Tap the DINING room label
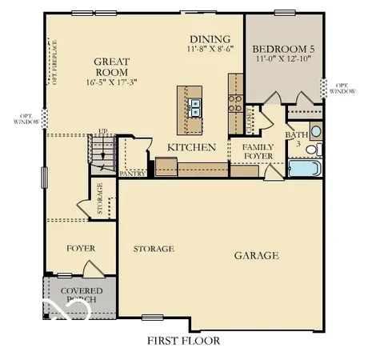coord(210,39)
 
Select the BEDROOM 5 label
coord(284,48)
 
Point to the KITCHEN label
coord(191,147)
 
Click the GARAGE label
coord(256,256)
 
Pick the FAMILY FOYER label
coord(257,151)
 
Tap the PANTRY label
coord(130,173)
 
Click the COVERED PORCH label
coord(80,294)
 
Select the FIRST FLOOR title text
coord(183,341)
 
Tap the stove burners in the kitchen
coord(236,102)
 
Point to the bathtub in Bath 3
coord(304,169)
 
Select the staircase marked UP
coord(102,152)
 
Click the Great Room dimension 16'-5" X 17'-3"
coord(112,82)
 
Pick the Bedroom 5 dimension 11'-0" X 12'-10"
coord(284,59)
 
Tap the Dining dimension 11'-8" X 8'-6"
coord(210,50)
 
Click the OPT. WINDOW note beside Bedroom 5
coord(342,89)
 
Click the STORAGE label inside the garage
coord(153,249)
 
